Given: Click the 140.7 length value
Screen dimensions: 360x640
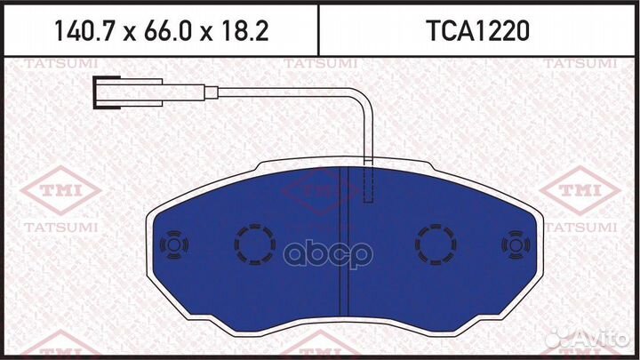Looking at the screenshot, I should pos(84,31).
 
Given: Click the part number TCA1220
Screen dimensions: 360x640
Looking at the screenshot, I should pos(477,31).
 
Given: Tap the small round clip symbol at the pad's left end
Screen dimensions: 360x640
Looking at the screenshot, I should pos(170,244).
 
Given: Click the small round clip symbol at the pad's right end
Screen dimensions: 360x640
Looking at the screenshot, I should pos(515,244).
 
